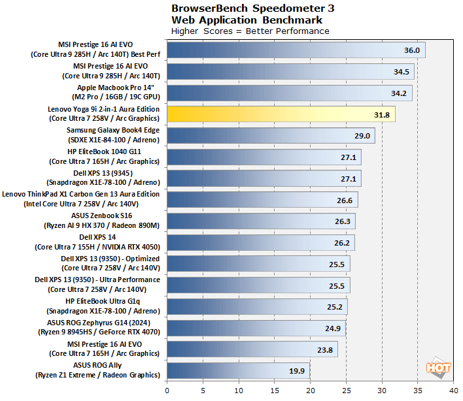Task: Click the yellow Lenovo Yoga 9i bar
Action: (x=281, y=114)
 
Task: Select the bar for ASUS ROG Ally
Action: (x=238, y=370)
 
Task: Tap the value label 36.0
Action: (x=411, y=50)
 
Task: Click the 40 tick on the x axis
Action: (x=453, y=390)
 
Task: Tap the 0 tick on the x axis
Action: (x=167, y=390)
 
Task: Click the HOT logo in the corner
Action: (x=439, y=367)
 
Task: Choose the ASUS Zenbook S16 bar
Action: (x=261, y=221)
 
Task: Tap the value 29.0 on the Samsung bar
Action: (x=362, y=135)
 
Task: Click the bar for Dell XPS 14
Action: (x=261, y=242)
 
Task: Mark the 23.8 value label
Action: (x=325, y=349)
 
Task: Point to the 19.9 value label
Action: (x=297, y=370)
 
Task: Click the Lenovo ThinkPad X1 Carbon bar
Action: (x=262, y=199)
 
